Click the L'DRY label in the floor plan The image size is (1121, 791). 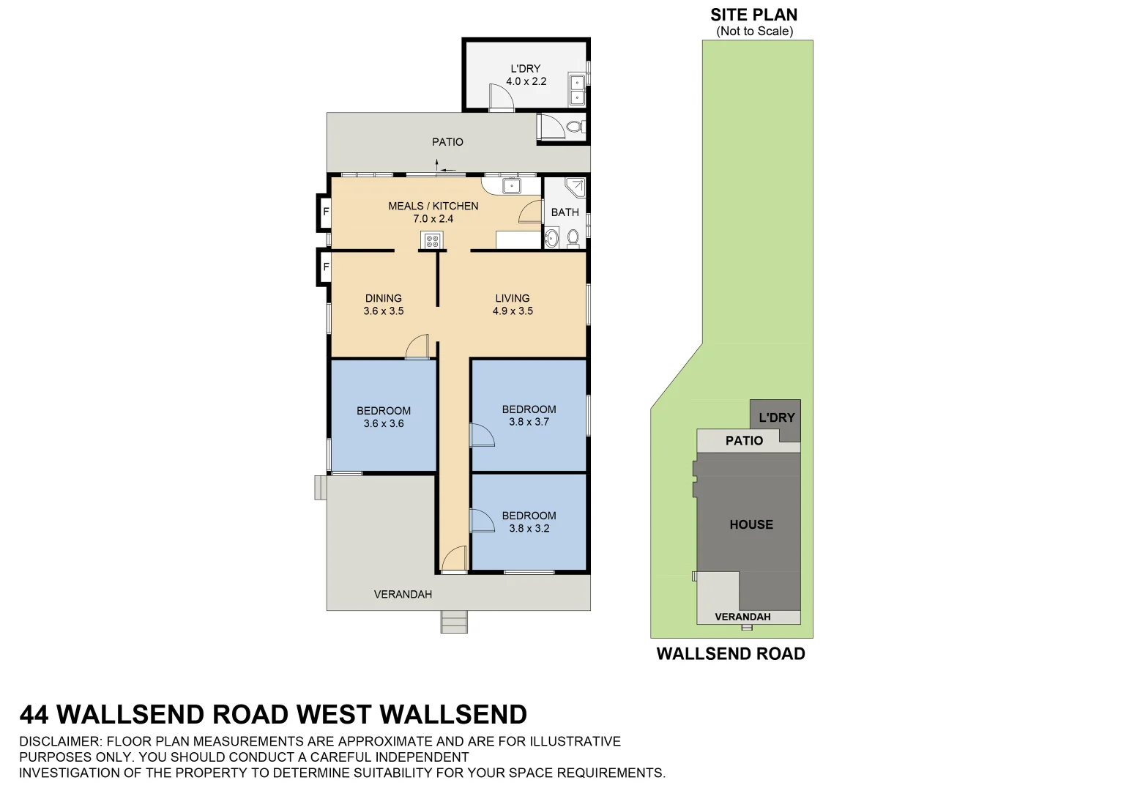[x=525, y=69]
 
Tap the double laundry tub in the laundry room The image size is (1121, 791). [x=577, y=89]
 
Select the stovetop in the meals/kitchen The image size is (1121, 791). [x=431, y=239]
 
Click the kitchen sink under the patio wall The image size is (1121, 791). [x=511, y=186]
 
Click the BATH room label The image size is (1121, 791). [x=565, y=212]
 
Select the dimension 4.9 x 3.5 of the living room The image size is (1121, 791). [x=513, y=311]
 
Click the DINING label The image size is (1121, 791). [x=383, y=298]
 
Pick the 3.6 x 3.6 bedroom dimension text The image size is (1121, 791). [x=383, y=423]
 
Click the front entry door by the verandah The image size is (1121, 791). [x=455, y=560]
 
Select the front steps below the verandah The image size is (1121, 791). [x=454, y=622]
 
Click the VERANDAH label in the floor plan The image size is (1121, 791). [x=403, y=594]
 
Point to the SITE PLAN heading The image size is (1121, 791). [x=753, y=15]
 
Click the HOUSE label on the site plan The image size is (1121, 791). [x=751, y=524]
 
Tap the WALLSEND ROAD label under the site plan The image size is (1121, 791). [x=730, y=654]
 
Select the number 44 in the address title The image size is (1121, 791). [x=34, y=714]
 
